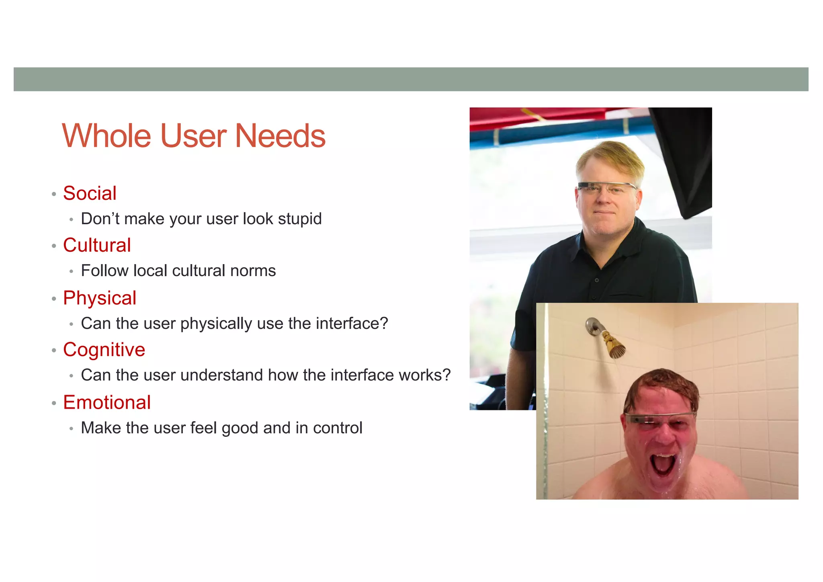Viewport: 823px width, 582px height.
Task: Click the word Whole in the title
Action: pos(107,136)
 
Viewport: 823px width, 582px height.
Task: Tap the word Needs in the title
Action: pos(280,136)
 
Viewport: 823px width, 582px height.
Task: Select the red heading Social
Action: pos(90,193)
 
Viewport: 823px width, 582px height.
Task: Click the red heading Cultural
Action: pos(97,245)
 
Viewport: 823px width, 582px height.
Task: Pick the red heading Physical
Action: pos(100,298)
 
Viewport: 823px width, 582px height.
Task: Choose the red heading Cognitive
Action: pos(104,350)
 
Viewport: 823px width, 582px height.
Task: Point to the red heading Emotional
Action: pos(107,402)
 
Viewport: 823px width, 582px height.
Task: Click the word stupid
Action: pos(299,219)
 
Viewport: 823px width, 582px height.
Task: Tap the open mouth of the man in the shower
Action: pos(663,467)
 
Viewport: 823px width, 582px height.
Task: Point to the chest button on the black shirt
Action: pos(597,280)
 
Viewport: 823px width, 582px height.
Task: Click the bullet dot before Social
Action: pos(54,195)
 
